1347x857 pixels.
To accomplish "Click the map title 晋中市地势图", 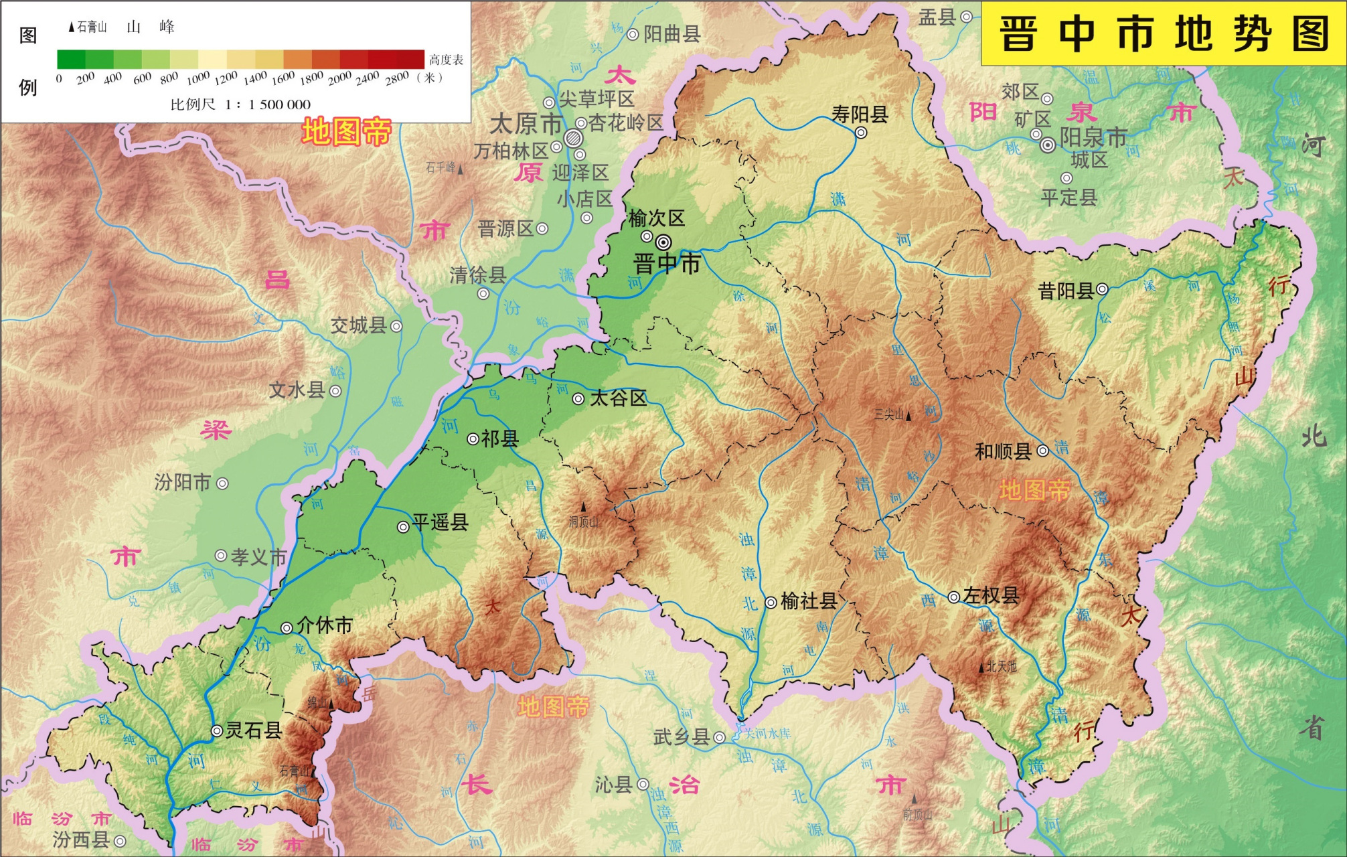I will tap(1164, 33).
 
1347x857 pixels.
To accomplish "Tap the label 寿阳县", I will tap(860, 114).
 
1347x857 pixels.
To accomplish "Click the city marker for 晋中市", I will tap(663, 242).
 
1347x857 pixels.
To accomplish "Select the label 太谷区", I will tap(618, 398).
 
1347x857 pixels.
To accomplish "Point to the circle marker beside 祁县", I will tap(473, 439).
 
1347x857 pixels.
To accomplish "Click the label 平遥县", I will tap(440, 522).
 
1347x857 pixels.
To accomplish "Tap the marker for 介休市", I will tap(287, 627).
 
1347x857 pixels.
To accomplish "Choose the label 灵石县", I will tap(253, 730).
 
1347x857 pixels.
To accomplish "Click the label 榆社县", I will tap(809, 601).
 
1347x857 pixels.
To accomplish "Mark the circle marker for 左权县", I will tap(954, 597).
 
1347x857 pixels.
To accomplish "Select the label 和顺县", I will tap(1003, 451).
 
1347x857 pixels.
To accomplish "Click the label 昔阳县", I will tap(1066, 291).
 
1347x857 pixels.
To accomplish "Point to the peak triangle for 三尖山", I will tap(908, 416).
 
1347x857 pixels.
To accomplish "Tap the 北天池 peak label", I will tap(1002, 667).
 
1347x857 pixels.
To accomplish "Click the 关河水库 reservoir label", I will tap(767, 734).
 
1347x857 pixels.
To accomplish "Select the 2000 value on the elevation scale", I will tap(339, 78).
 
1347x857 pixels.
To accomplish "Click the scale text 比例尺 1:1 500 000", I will tap(240, 104).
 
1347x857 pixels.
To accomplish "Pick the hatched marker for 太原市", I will tap(573, 139).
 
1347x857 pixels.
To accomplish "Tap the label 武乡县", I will tap(682, 737).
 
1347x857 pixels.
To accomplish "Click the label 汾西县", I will tap(81, 840).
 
